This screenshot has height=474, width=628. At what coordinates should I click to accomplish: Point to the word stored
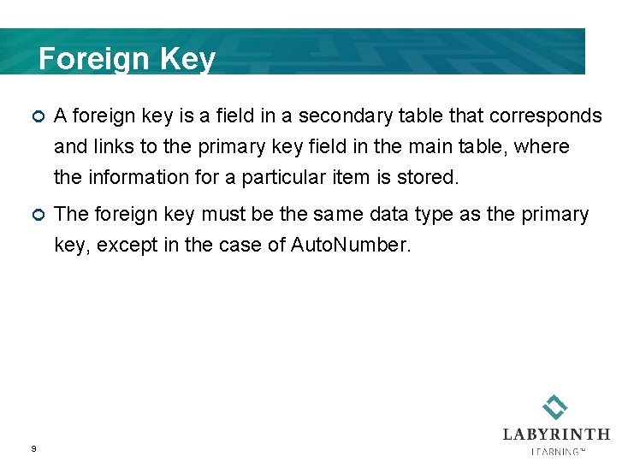pyautogui.click(x=430, y=177)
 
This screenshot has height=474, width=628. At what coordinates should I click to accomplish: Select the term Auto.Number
pyautogui.click(x=351, y=245)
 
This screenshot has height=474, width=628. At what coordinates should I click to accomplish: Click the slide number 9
pyautogui.click(x=33, y=448)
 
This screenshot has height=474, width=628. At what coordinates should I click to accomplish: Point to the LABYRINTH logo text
pyautogui.click(x=556, y=434)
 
